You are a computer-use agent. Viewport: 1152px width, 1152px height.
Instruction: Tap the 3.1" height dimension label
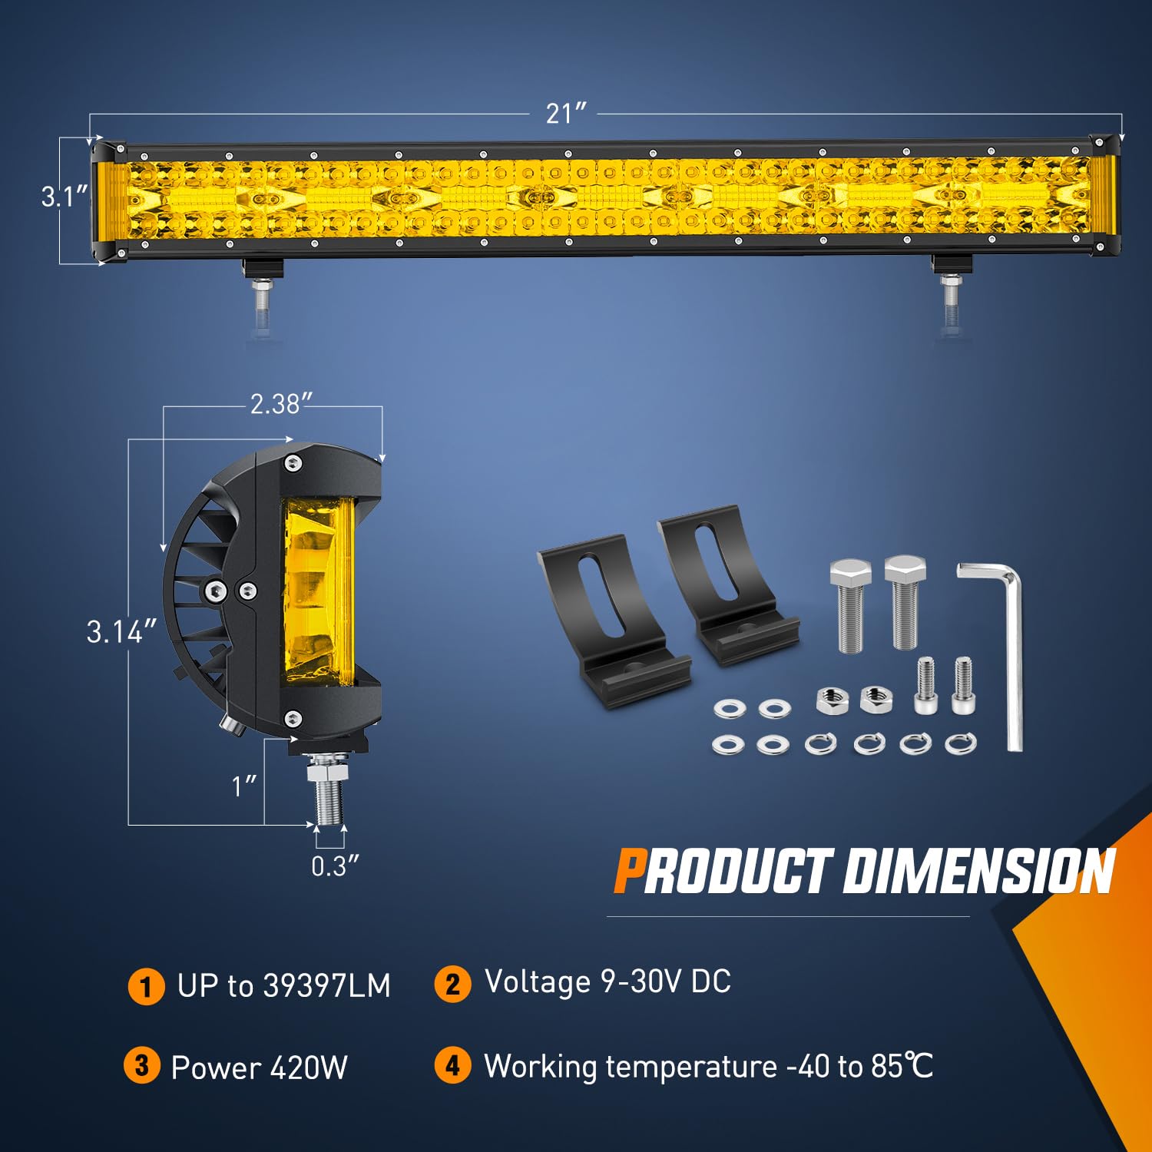coord(65,197)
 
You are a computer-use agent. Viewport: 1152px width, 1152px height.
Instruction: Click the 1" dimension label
coord(244,786)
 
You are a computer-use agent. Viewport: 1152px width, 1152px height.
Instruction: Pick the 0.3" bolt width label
coord(335,866)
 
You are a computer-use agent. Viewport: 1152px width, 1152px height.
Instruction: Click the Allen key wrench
coord(995,653)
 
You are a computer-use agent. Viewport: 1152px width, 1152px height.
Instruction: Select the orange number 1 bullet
coord(146,986)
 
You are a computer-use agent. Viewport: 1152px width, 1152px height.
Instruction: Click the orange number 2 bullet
coord(452,984)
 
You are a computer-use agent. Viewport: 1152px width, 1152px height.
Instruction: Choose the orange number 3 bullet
coord(142,1066)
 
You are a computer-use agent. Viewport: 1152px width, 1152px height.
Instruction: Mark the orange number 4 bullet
coord(452,1066)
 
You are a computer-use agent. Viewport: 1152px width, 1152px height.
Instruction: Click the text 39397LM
coord(326,986)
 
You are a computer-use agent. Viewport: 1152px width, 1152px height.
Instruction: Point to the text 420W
coord(309,1068)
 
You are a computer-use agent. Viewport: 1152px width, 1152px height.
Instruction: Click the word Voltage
coord(537,982)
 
